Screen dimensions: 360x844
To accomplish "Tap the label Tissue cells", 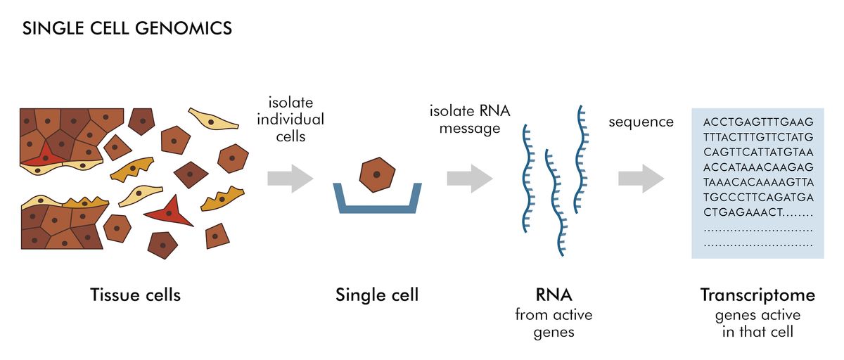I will pyautogui.click(x=135, y=295).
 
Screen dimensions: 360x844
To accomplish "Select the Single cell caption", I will pyautogui.click(x=376, y=295).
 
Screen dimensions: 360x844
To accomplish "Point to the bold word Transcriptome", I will pyautogui.click(x=757, y=295).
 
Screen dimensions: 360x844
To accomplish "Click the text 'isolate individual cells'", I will pyautogui.click(x=290, y=120).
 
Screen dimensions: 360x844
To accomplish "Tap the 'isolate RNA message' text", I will pyautogui.click(x=470, y=120).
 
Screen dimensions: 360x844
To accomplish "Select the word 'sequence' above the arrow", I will pyautogui.click(x=641, y=122).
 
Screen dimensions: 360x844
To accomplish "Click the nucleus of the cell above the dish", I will pyautogui.click(x=377, y=174).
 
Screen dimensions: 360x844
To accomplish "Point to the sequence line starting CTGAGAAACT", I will pyautogui.click(x=757, y=212).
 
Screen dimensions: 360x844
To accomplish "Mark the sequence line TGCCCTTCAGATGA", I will pyautogui.click(x=757, y=197).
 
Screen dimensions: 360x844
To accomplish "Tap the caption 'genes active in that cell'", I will pyautogui.click(x=757, y=323).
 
